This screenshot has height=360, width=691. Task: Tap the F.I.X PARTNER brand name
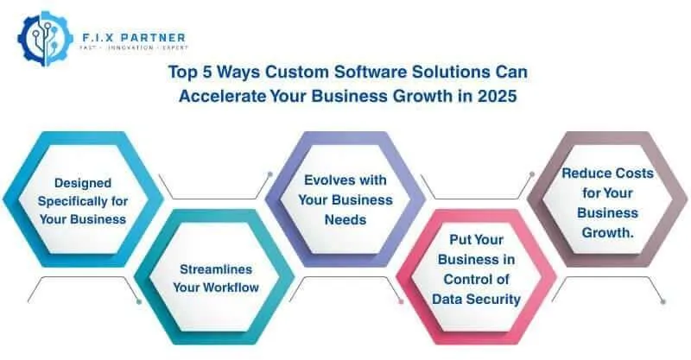click(x=130, y=38)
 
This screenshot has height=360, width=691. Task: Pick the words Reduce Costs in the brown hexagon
click(x=607, y=174)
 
